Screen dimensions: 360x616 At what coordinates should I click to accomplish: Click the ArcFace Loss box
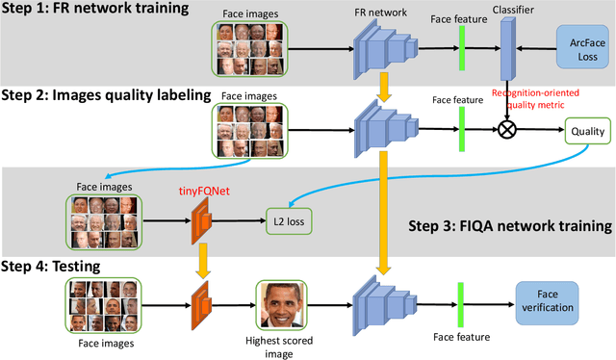click(x=580, y=49)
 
